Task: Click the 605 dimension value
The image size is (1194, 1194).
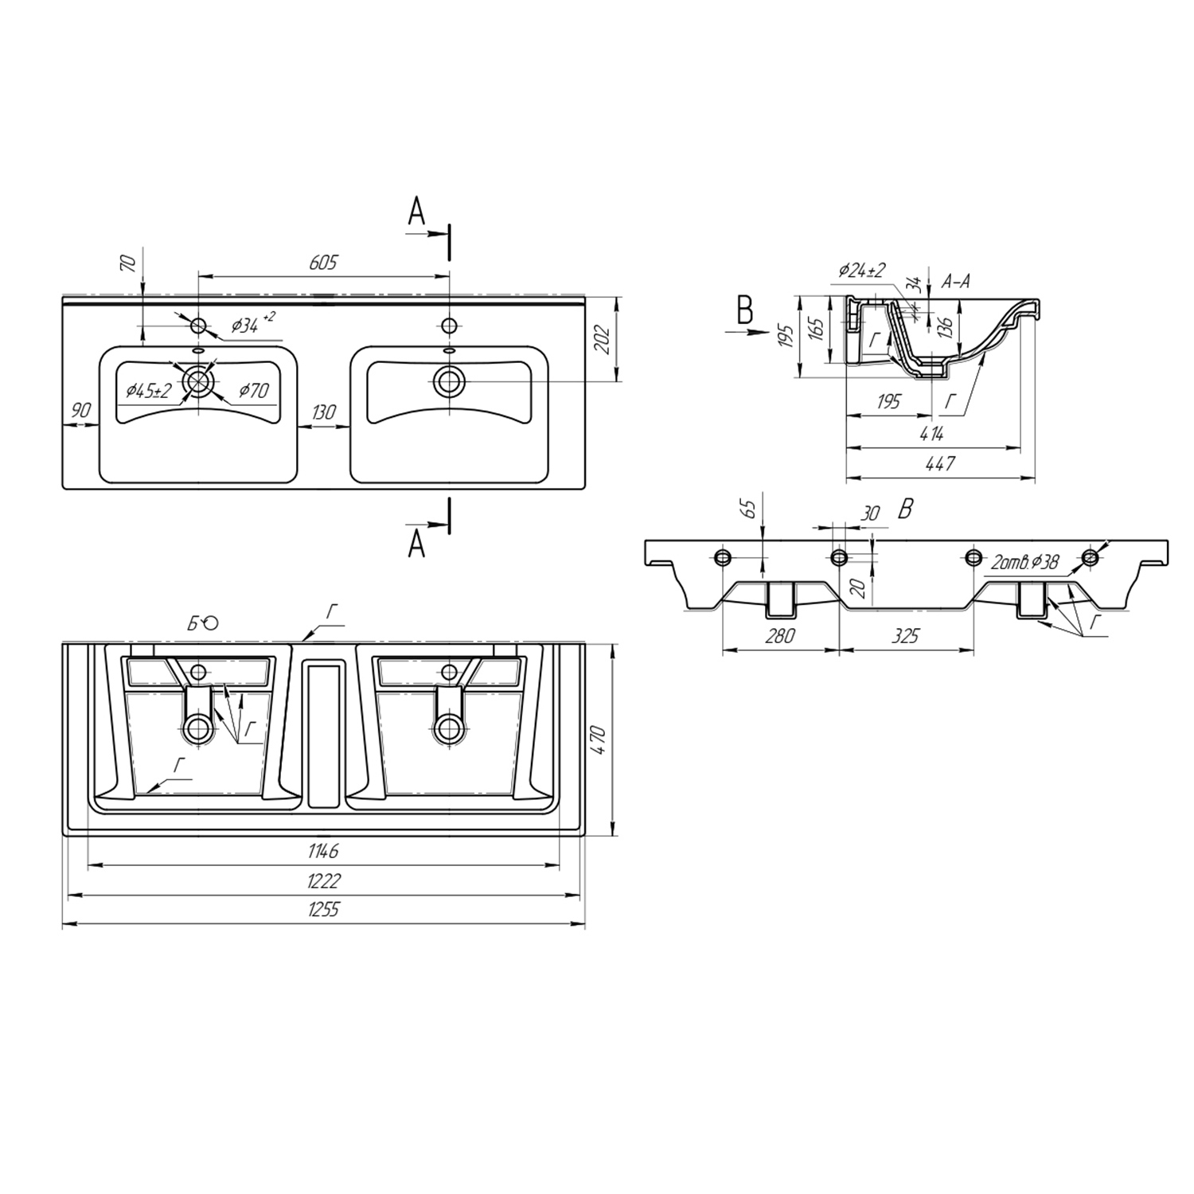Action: coord(324,262)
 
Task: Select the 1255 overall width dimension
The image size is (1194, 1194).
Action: coord(324,910)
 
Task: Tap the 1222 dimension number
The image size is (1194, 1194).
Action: coord(324,880)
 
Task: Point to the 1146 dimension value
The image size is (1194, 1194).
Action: coord(324,851)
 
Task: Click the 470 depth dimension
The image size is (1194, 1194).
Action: coord(599,740)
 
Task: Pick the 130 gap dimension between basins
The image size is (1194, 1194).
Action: coord(323,412)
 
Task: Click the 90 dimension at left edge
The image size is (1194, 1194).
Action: coord(81,410)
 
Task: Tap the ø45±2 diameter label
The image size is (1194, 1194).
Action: coord(149,391)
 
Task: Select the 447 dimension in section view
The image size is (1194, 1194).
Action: coord(940,463)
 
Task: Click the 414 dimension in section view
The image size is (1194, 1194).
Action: coord(931,434)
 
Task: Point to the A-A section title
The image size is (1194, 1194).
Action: coord(955,281)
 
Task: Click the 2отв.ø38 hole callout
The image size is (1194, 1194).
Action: coord(1025,563)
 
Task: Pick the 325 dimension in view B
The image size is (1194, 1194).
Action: coord(906,635)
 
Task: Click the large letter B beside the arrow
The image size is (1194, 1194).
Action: coord(745,310)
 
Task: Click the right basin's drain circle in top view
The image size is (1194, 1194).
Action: coord(450,381)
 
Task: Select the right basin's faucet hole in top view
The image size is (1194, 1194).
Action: coord(450,326)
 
